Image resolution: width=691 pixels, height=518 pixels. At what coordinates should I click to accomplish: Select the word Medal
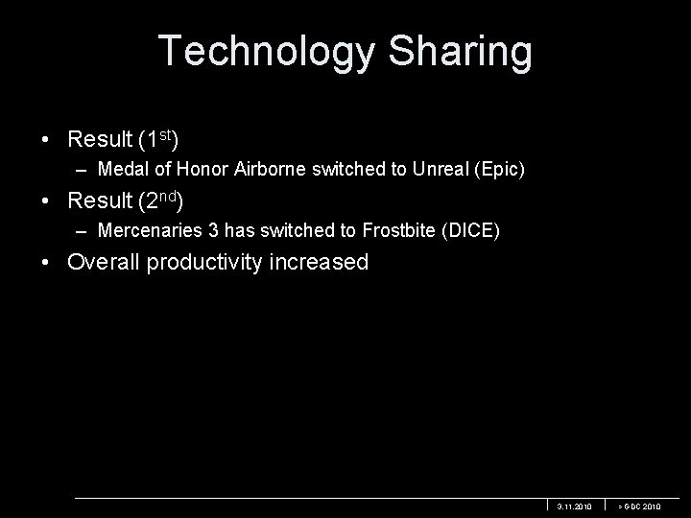pyautogui.click(x=119, y=170)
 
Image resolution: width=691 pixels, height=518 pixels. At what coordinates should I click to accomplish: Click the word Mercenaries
pyautogui.click(x=143, y=231)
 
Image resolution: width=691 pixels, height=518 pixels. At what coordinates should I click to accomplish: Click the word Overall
pyautogui.click(x=104, y=262)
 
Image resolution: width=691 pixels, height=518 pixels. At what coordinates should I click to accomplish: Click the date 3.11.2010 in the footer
pyautogui.click(x=575, y=506)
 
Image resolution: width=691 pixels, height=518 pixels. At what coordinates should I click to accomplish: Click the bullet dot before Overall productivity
pyautogui.click(x=47, y=263)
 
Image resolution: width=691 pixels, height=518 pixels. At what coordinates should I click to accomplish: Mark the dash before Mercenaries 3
pyautogui.click(x=85, y=231)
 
